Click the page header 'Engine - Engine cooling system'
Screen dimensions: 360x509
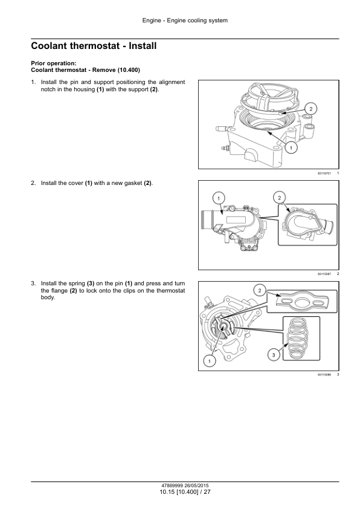click(x=185, y=21)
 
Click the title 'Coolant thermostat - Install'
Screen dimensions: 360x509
click(x=94, y=46)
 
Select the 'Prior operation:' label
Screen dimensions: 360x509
click(x=54, y=63)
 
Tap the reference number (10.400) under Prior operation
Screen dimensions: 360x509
click(x=129, y=70)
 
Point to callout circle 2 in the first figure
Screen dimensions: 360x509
click(x=310, y=109)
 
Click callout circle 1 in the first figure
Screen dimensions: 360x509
click(x=291, y=148)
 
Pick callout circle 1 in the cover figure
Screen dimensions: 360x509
click(x=219, y=198)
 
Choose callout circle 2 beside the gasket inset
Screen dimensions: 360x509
click(x=280, y=197)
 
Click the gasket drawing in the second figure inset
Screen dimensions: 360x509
click(x=308, y=225)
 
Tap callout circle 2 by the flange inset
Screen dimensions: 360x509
click(x=260, y=291)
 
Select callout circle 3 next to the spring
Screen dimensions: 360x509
click(x=274, y=355)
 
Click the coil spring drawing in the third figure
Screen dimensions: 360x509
click(x=298, y=339)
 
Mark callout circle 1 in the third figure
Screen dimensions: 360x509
click(x=209, y=361)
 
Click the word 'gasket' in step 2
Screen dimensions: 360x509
click(x=133, y=183)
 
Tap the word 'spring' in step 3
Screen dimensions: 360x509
click(x=77, y=284)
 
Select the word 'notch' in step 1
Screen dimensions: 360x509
click(x=48, y=89)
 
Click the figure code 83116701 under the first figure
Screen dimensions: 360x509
click(x=324, y=173)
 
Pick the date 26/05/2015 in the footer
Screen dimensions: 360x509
click(x=196, y=485)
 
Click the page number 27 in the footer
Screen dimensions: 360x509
click(x=207, y=492)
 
